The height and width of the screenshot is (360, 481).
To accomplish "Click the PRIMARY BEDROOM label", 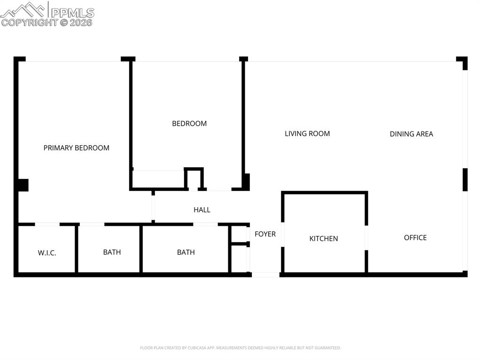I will click(x=76, y=148).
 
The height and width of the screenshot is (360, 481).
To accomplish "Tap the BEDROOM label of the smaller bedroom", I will click(x=189, y=123).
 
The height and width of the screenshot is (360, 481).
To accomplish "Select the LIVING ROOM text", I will click(x=307, y=134).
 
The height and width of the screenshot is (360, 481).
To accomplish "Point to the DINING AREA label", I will click(x=411, y=134).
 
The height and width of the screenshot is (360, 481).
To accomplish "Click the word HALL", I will click(x=202, y=210).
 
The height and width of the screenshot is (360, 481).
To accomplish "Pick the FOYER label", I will click(x=265, y=234).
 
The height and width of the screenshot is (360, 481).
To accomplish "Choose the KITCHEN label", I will click(x=323, y=238).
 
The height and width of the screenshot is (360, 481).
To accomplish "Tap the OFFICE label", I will click(x=415, y=237).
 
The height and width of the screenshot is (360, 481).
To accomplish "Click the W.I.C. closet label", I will click(x=47, y=253).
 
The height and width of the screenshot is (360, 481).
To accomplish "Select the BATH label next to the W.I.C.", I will click(x=112, y=252).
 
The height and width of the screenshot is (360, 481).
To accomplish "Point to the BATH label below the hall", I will click(x=186, y=252).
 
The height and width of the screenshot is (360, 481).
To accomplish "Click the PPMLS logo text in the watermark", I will click(x=73, y=12).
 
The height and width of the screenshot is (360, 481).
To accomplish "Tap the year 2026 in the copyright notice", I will click(x=82, y=22).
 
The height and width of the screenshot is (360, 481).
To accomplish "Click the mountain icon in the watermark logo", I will click(x=23, y=9).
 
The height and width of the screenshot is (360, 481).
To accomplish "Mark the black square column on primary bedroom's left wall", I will click(x=22, y=185).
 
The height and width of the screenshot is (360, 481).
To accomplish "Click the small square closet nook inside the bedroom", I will click(x=194, y=179).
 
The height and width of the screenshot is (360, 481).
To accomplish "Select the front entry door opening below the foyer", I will click(x=266, y=274).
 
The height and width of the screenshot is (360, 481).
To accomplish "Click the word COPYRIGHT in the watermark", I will click(x=29, y=22).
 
